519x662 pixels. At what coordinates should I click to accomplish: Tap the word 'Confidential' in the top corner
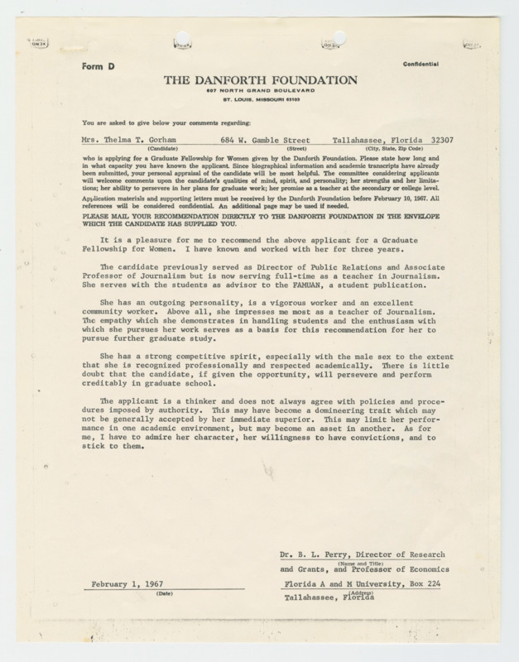[x=425, y=64]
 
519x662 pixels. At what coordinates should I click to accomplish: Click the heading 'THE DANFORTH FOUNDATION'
[x=261, y=79]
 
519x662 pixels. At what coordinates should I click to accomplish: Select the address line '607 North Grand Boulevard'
[x=260, y=90]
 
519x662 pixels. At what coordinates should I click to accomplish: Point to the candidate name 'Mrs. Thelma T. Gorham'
[x=136, y=141]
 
